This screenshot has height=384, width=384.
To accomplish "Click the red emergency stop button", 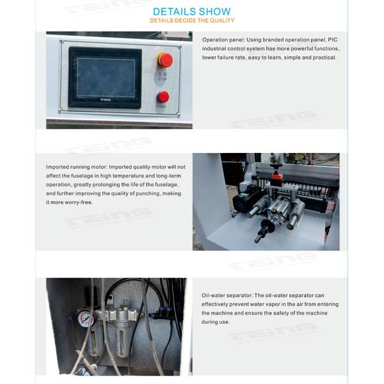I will coord(164,60).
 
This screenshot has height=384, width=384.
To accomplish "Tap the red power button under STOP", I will coord(163,97).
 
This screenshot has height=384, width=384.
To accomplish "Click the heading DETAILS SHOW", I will coord(192,12).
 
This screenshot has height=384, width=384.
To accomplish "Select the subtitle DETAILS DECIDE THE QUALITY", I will coord(192,20).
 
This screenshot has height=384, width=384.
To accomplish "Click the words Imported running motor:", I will coord(76,167).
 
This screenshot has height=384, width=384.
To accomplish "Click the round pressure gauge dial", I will coord(85,318).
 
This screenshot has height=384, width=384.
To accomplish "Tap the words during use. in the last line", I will coord(216,322).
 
